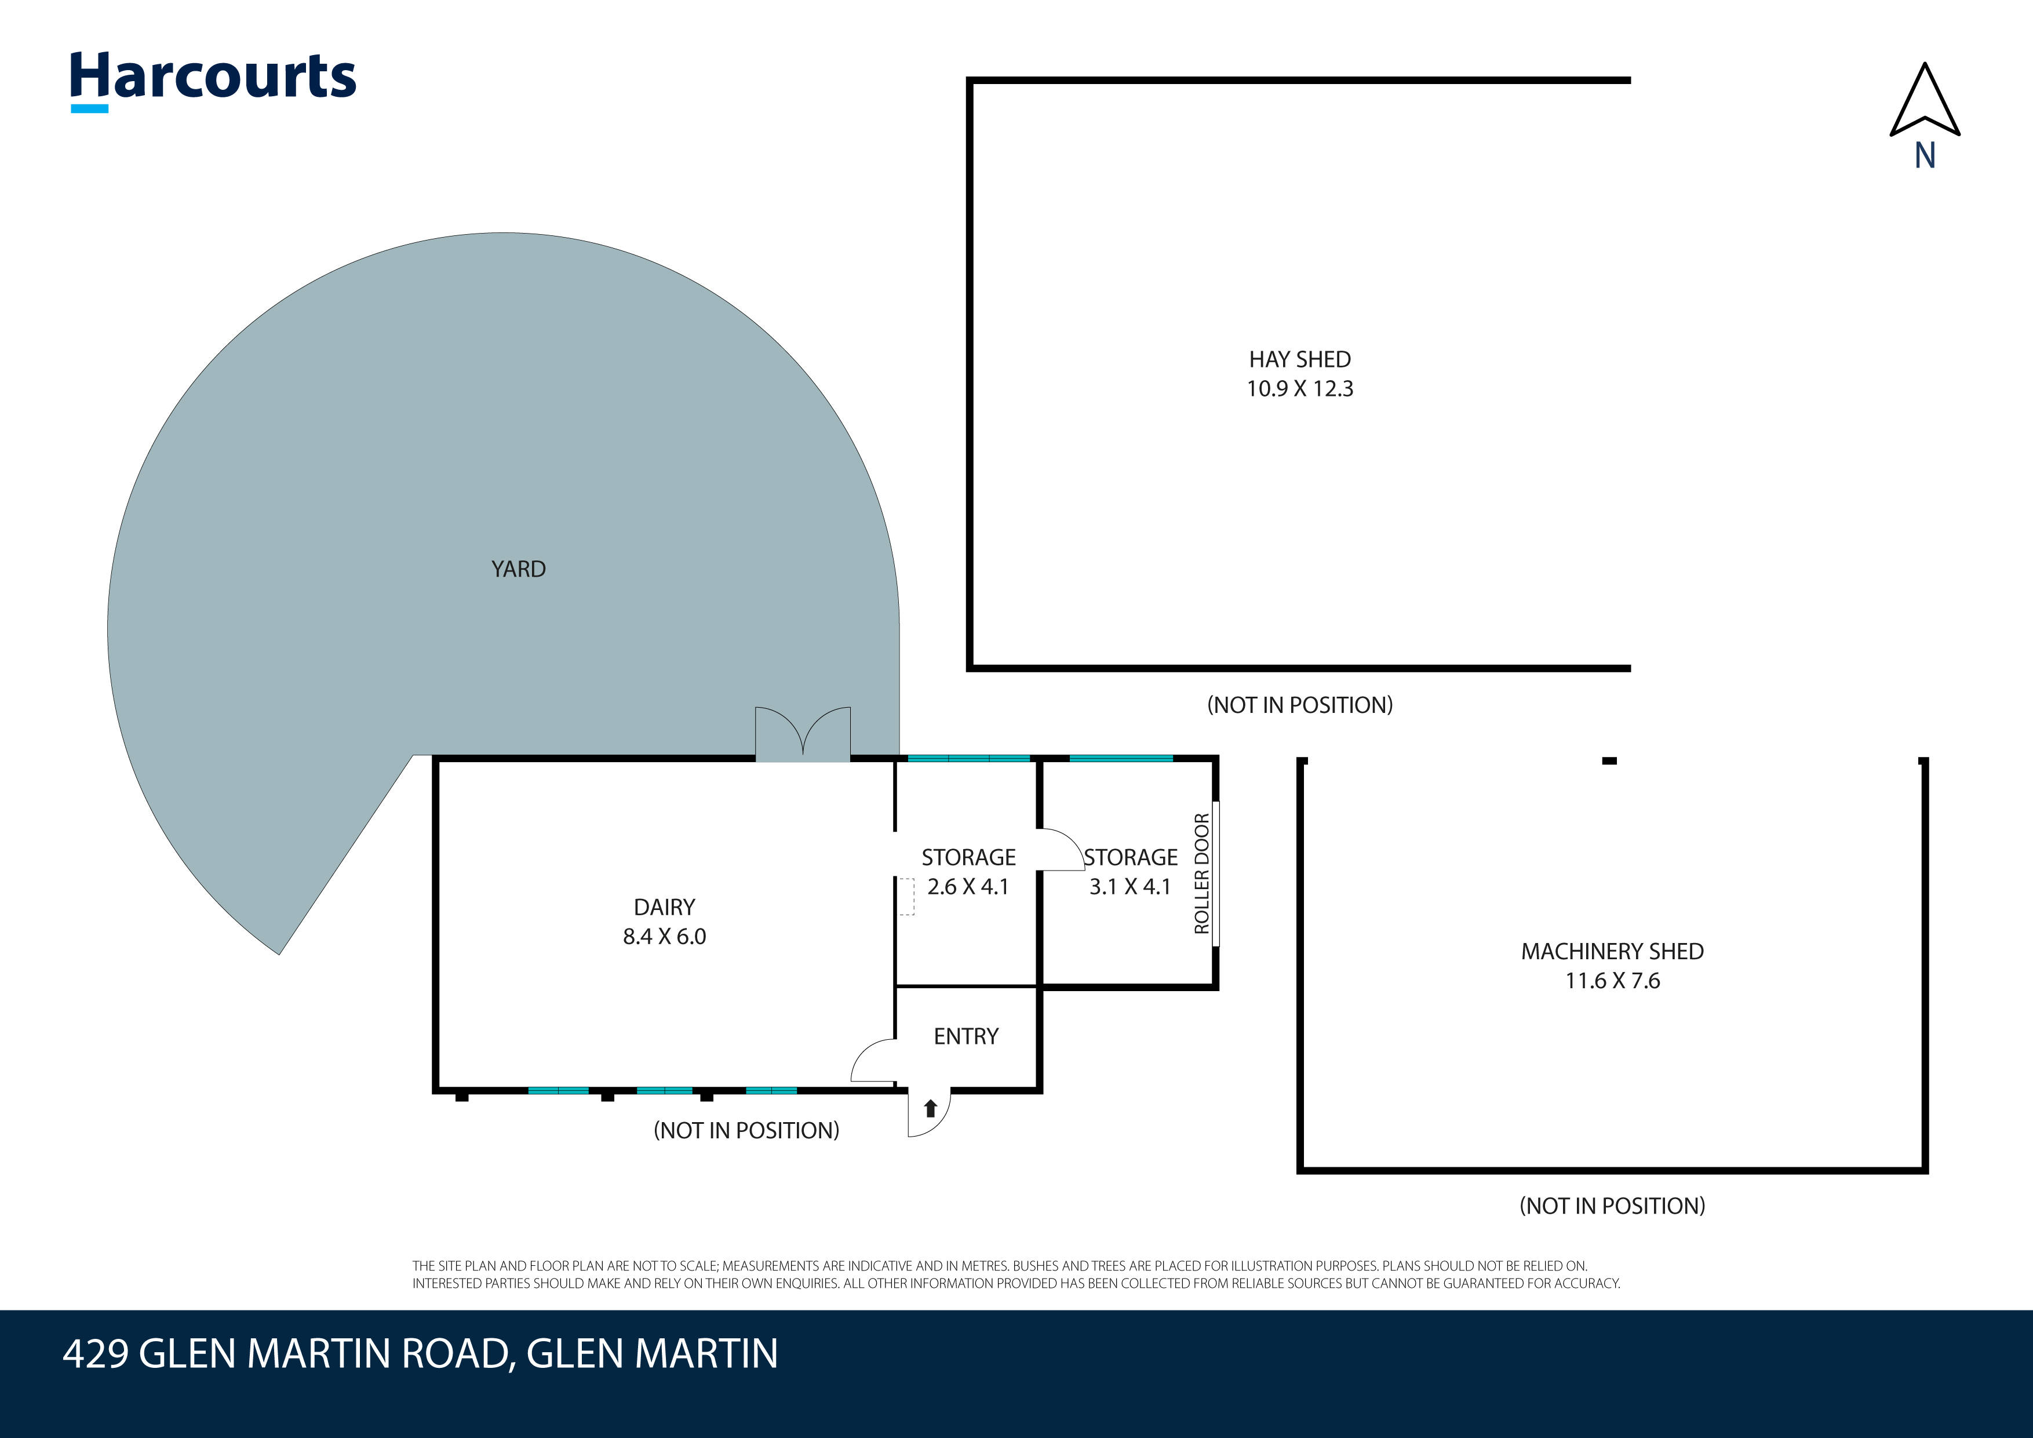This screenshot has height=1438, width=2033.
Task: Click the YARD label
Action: point(519,569)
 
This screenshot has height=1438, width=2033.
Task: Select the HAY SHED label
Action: point(1300,359)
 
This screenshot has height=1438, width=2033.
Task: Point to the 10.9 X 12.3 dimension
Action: point(1300,389)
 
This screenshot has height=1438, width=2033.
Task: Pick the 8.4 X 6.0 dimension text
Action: point(664,936)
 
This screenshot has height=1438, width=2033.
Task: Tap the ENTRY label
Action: point(966,1036)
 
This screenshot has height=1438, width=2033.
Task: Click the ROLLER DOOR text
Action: point(1201,874)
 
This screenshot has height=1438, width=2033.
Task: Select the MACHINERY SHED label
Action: point(1612,951)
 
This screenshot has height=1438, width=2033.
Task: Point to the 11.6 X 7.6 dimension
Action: point(1612,980)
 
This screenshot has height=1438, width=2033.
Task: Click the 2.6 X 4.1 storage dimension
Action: point(968,886)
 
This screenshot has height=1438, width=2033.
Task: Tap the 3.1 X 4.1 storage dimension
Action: point(1130,886)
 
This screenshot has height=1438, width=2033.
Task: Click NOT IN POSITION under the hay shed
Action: point(1300,705)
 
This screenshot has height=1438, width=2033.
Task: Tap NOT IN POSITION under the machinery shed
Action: point(1612,1205)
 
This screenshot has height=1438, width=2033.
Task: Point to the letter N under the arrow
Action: point(1925,156)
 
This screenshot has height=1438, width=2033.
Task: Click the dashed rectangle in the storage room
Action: point(907,896)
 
